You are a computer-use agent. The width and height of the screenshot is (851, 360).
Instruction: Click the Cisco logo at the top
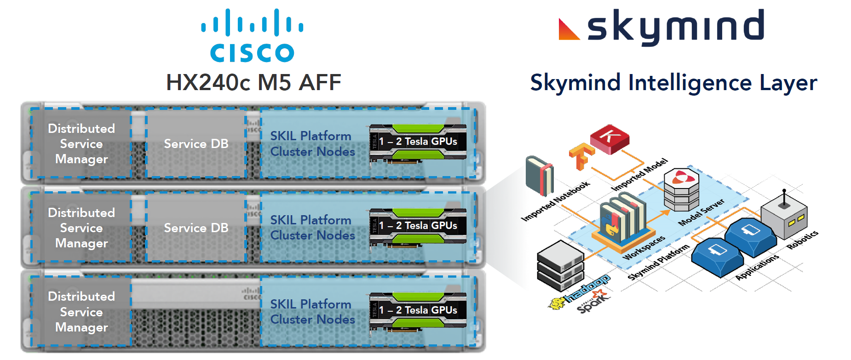(252, 36)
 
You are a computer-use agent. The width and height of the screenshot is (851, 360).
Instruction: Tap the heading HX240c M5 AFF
(253, 83)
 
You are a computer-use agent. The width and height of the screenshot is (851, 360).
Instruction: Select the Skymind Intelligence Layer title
(673, 83)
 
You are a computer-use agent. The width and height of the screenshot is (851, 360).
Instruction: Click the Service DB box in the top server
(196, 144)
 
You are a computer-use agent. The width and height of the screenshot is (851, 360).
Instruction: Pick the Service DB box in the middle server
(196, 228)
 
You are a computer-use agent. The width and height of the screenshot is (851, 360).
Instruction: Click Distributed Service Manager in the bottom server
(81, 312)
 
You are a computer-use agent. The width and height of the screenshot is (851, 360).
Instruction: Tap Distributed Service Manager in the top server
(81, 144)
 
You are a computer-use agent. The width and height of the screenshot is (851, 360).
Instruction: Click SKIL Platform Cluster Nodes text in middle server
(312, 228)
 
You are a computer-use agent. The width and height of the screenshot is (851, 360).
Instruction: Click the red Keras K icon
(609, 138)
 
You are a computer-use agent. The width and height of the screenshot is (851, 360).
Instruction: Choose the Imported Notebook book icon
(540, 176)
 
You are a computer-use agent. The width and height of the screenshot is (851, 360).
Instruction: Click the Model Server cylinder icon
(681, 189)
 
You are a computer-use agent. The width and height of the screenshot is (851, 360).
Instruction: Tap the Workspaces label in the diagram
(644, 247)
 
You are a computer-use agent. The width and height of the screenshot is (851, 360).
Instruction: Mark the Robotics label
(802, 240)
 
